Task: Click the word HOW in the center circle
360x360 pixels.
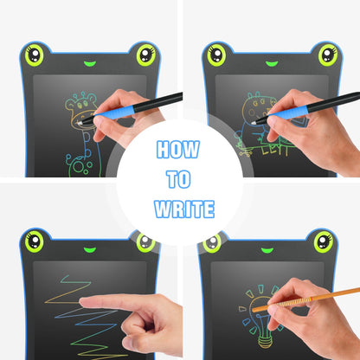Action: coord(178,149)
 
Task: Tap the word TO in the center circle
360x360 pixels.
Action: coord(178,179)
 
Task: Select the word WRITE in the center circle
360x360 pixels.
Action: coord(184,209)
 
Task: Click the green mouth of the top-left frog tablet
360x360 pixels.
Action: coord(90,63)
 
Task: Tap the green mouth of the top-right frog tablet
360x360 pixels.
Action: coord(272,63)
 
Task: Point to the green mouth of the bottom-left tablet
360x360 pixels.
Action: coord(90,249)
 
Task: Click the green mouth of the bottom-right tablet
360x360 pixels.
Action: coord(267,250)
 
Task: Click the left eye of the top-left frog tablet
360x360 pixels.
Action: coord(35,55)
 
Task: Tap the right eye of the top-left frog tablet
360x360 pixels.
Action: coord(146,55)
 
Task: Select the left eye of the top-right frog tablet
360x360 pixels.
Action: coord(216,55)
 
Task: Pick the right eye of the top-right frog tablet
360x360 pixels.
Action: coord(328,55)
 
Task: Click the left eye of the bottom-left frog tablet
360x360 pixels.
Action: coord(35,241)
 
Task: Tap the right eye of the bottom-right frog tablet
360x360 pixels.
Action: coord(324,241)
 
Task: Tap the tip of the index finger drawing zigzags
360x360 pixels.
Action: coord(81,301)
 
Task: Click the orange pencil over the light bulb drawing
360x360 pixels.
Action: coord(305,299)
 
